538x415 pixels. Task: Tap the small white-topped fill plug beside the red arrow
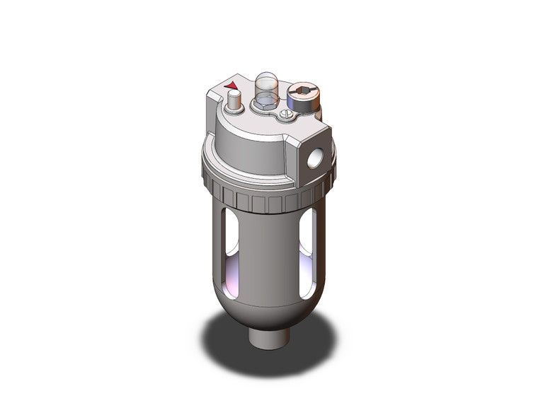pos(233,101)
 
